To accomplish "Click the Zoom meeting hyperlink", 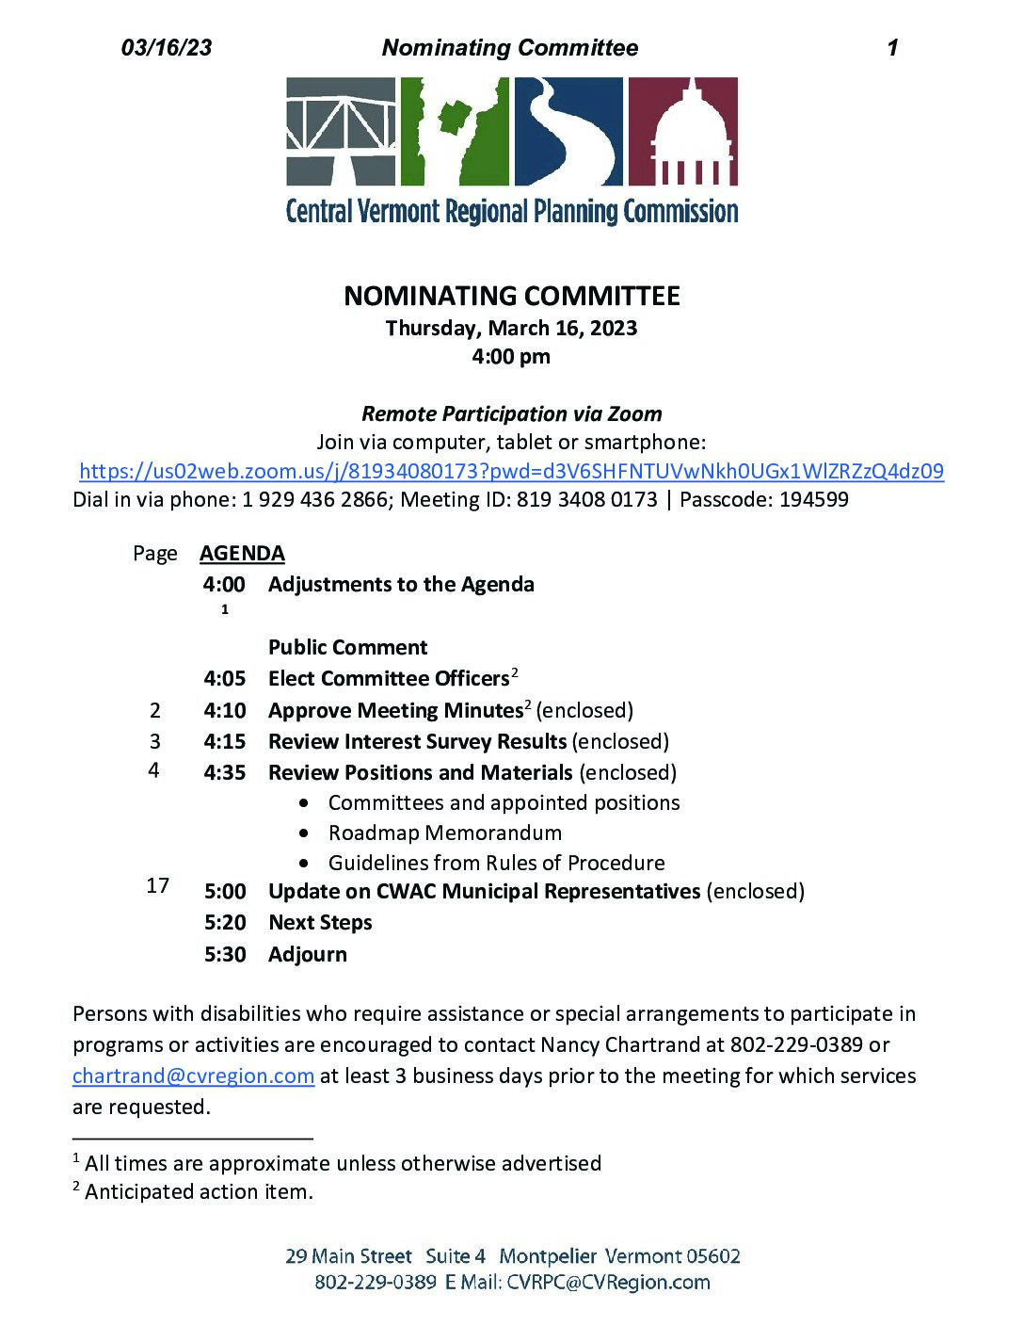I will (x=511, y=471).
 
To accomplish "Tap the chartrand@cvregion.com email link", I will (x=193, y=1075).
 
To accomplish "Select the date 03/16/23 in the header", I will (x=167, y=48).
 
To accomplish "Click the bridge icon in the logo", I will (x=341, y=131).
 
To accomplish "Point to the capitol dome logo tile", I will (x=682, y=131).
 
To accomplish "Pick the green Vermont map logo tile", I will (x=455, y=131).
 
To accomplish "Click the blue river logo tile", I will (x=568, y=131).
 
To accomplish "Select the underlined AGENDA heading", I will (x=242, y=554).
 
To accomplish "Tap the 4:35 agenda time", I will (x=225, y=773).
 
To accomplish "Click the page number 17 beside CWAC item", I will (x=158, y=885).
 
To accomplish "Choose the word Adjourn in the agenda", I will (x=308, y=955).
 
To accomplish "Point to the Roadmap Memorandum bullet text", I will (x=444, y=833).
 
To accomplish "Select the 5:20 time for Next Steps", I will (x=225, y=923).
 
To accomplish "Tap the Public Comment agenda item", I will (x=347, y=648).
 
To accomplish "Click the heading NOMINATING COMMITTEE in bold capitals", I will (x=511, y=296).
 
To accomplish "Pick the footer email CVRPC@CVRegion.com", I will (x=608, y=1283).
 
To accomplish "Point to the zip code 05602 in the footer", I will (x=712, y=1256).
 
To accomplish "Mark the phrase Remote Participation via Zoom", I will (x=511, y=414).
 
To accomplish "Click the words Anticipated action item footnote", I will (x=199, y=1192).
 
